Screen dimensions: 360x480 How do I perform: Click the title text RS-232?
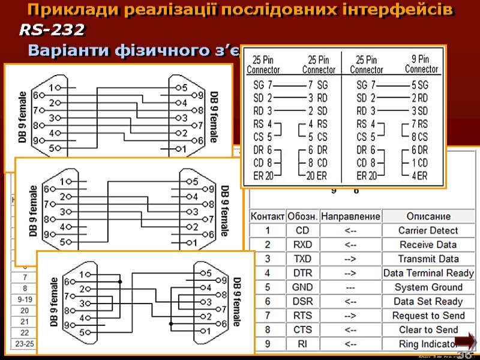[52, 29]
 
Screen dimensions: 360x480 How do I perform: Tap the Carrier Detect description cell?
[428, 230]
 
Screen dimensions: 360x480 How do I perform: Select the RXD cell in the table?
[302, 245]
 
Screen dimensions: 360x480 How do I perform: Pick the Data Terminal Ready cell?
[428, 273]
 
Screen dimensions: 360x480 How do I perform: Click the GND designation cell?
[302, 287]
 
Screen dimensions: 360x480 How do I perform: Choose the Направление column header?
[351, 216]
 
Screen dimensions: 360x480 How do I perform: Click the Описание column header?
[428, 216]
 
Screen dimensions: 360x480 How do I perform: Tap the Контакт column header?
[268, 216]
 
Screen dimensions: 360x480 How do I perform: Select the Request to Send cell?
[428, 316]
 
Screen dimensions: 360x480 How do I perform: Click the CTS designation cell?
[302, 330]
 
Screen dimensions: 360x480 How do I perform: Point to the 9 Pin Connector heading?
[421, 64]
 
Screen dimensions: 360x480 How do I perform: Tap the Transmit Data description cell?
[428, 259]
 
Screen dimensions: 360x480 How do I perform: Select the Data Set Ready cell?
[428, 302]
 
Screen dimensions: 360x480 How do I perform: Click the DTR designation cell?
[302, 273]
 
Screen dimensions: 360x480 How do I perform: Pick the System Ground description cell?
[428, 287]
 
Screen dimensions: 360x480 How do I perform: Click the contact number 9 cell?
[268, 344]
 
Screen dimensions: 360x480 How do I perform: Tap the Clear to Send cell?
[428, 330]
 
